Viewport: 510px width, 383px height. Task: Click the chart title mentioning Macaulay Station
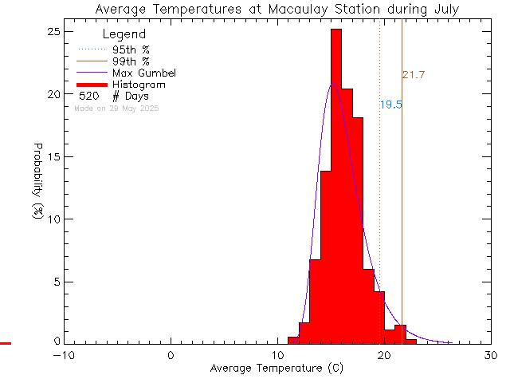tap(277, 10)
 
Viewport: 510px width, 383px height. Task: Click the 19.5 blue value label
tap(390, 105)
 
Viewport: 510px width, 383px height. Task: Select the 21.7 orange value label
tap(413, 75)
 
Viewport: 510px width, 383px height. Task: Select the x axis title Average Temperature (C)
tap(277, 369)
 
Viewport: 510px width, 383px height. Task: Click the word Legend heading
tap(124, 34)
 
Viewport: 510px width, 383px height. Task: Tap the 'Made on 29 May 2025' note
tap(116, 108)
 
